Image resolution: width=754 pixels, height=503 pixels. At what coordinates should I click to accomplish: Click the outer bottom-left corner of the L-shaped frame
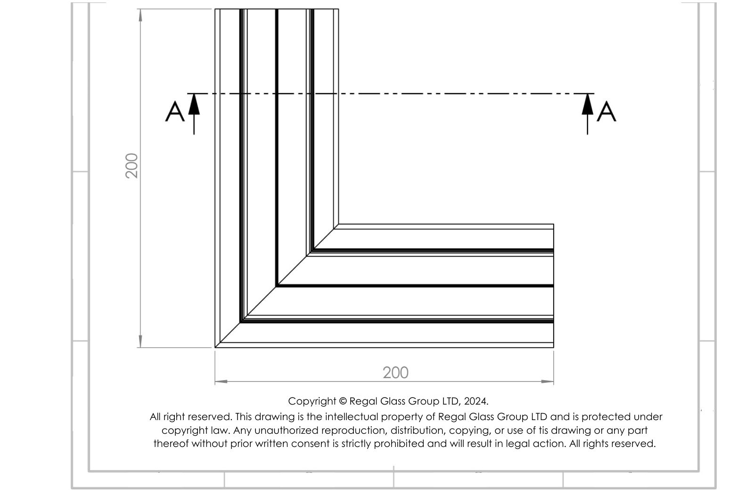point(215,347)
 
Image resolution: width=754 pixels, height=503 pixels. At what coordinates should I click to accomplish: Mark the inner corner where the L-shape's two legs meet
point(339,224)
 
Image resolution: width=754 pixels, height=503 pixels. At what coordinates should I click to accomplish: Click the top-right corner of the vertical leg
point(339,9)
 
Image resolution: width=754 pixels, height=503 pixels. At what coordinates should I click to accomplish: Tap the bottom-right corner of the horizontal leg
point(554,347)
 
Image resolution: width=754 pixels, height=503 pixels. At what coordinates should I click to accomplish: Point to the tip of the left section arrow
point(194,94)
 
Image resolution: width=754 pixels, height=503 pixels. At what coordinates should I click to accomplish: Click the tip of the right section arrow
point(588,94)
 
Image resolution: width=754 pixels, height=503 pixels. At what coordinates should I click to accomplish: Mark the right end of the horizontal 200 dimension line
point(554,381)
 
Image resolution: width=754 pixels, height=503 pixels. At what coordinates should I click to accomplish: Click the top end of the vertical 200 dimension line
point(140,9)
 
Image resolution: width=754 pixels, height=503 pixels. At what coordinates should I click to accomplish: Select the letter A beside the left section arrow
point(175,112)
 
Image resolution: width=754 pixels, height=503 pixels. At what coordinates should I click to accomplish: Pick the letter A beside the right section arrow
point(606,112)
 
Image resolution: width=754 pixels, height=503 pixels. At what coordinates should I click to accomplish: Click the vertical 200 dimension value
point(131,166)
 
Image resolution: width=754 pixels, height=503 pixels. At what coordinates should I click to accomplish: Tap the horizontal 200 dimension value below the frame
point(395,373)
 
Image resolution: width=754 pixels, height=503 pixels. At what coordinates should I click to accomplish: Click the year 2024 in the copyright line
point(475,401)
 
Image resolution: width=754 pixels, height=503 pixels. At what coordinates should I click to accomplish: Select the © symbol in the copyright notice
point(343,401)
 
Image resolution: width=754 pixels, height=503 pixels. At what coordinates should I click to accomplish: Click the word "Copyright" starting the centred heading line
point(312,401)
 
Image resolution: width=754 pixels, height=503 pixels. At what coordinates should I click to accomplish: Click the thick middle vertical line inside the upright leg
point(277,147)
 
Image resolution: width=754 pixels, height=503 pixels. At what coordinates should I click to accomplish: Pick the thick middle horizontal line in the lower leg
point(415,286)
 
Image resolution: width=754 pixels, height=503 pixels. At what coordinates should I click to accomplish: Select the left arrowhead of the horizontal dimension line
point(221,381)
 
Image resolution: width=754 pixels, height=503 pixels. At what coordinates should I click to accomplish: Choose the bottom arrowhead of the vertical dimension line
point(140,341)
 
